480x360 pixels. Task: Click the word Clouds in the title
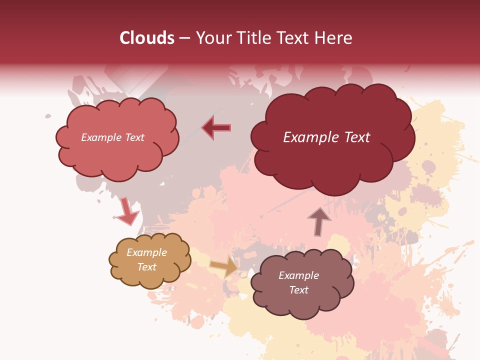click(x=147, y=38)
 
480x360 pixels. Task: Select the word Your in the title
click(x=212, y=38)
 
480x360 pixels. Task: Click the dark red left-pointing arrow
click(x=216, y=127)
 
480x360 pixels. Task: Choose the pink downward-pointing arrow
click(x=127, y=211)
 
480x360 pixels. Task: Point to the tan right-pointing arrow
click(x=224, y=266)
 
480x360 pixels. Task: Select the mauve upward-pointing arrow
click(x=319, y=221)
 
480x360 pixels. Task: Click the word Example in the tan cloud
click(x=147, y=252)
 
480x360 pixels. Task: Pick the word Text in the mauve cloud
click(x=299, y=290)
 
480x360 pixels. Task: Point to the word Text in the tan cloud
click(x=147, y=267)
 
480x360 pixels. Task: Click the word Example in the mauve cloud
click(x=299, y=275)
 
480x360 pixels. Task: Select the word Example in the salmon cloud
click(x=100, y=137)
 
